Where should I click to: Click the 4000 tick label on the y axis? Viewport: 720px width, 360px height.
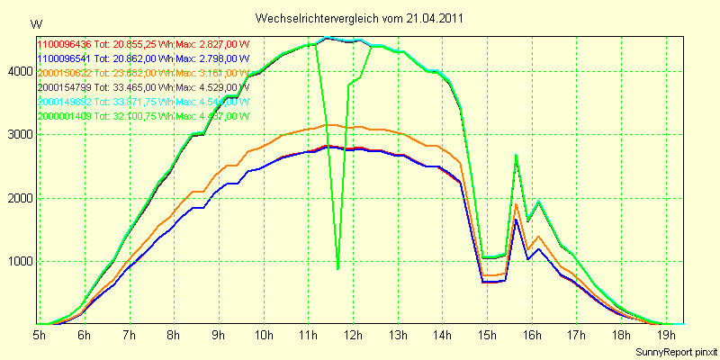point(18,71)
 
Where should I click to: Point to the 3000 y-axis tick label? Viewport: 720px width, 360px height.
point(18,135)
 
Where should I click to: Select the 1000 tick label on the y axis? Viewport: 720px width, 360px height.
point(18,262)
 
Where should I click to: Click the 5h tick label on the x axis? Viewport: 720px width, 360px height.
point(40,336)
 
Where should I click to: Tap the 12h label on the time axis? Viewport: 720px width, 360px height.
point(354,336)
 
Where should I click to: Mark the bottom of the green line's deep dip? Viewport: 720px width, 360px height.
point(337,268)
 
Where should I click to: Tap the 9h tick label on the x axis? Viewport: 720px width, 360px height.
point(219,336)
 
